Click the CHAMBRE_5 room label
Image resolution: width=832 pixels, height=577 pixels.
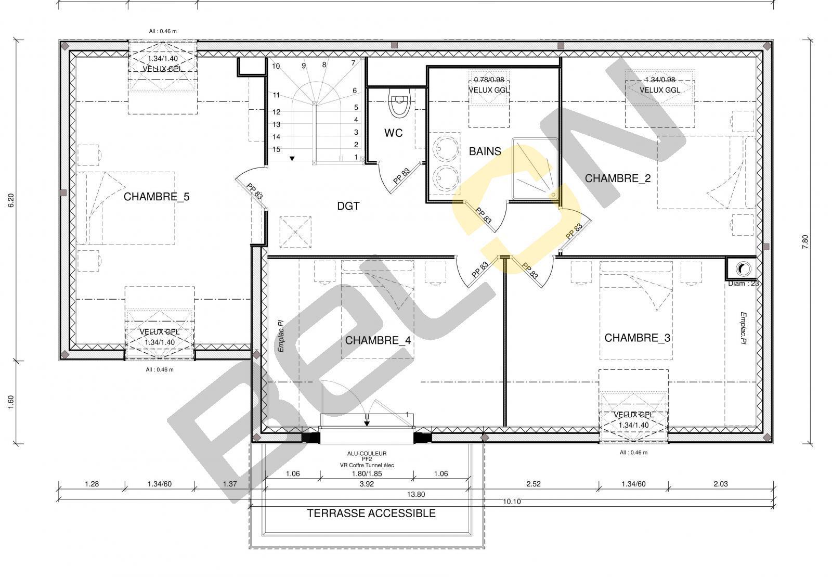click(157, 197)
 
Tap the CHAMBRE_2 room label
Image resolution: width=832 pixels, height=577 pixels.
click(618, 178)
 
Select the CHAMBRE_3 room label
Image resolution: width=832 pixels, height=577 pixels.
click(638, 338)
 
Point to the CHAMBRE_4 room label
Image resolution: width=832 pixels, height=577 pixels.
click(378, 340)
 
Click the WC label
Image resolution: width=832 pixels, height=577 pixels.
click(393, 133)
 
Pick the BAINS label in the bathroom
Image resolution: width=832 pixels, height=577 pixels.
click(485, 151)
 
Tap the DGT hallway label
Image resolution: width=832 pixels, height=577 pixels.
click(348, 206)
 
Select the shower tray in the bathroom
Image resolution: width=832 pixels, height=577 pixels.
click(535, 169)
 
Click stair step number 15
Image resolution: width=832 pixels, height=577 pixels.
click(276, 149)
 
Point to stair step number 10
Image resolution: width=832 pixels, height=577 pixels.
click(276, 66)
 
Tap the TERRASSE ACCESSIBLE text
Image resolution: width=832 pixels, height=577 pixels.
click(371, 513)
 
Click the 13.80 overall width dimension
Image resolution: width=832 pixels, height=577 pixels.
click(415, 494)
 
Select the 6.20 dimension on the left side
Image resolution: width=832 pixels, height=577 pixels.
click(11, 200)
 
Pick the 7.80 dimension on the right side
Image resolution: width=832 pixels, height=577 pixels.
click(805, 241)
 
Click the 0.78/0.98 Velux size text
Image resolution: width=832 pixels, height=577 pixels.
click(489, 80)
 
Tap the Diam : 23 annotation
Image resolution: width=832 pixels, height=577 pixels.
click(743, 284)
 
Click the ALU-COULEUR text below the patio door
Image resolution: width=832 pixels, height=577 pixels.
click(367, 453)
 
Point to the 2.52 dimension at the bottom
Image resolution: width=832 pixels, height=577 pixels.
click(533, 484)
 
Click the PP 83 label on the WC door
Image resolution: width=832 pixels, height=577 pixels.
click(401, 176)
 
